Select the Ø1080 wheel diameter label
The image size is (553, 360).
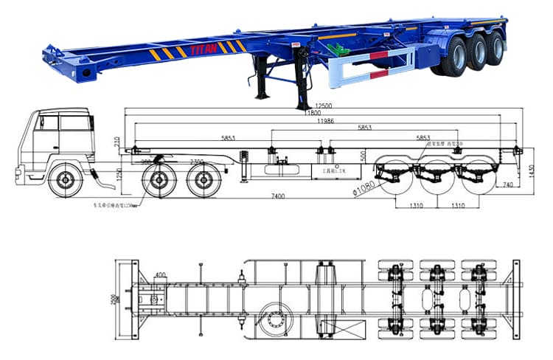coord(364,189)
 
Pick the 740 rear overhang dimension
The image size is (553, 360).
coord(507,185)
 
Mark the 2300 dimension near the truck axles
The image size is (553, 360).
coord(197,162)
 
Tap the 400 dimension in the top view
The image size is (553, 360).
coord(160,274)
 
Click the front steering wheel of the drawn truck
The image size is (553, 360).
coord(62,180)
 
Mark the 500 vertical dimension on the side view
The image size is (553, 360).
coord(363,156)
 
